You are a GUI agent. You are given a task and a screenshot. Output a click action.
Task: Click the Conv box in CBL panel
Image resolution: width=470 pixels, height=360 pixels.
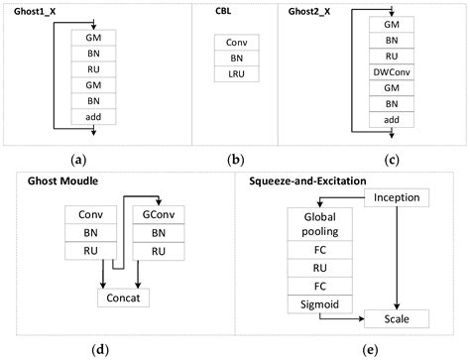tap(237, 43)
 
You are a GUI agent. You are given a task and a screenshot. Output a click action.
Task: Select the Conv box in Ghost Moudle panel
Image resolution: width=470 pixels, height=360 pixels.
tap(91, 213)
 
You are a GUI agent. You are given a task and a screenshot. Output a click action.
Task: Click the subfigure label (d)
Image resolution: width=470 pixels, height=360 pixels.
tap(121, 348)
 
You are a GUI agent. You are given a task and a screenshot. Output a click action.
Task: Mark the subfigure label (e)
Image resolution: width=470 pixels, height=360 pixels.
tap(355, 348)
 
